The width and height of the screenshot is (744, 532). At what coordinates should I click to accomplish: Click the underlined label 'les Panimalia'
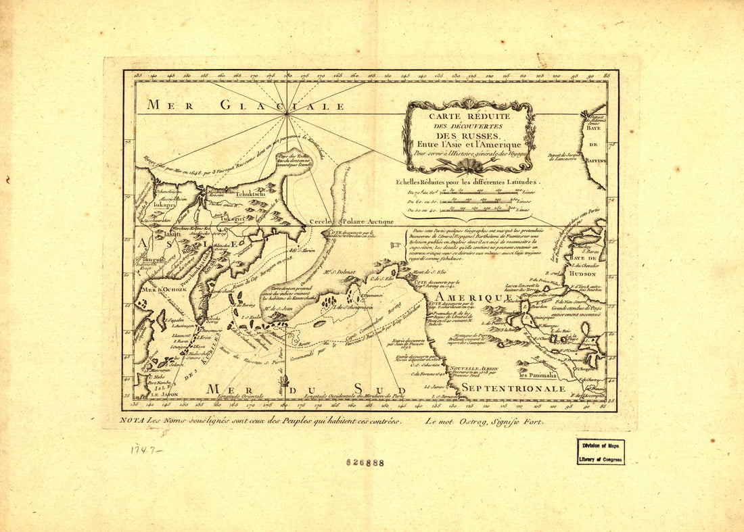(538, 374)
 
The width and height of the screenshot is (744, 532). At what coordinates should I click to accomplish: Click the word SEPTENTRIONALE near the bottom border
(513, 389)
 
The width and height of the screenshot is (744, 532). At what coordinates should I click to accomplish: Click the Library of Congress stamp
(601, 451)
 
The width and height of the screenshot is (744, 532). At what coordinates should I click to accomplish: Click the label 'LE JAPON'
(162, 395)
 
